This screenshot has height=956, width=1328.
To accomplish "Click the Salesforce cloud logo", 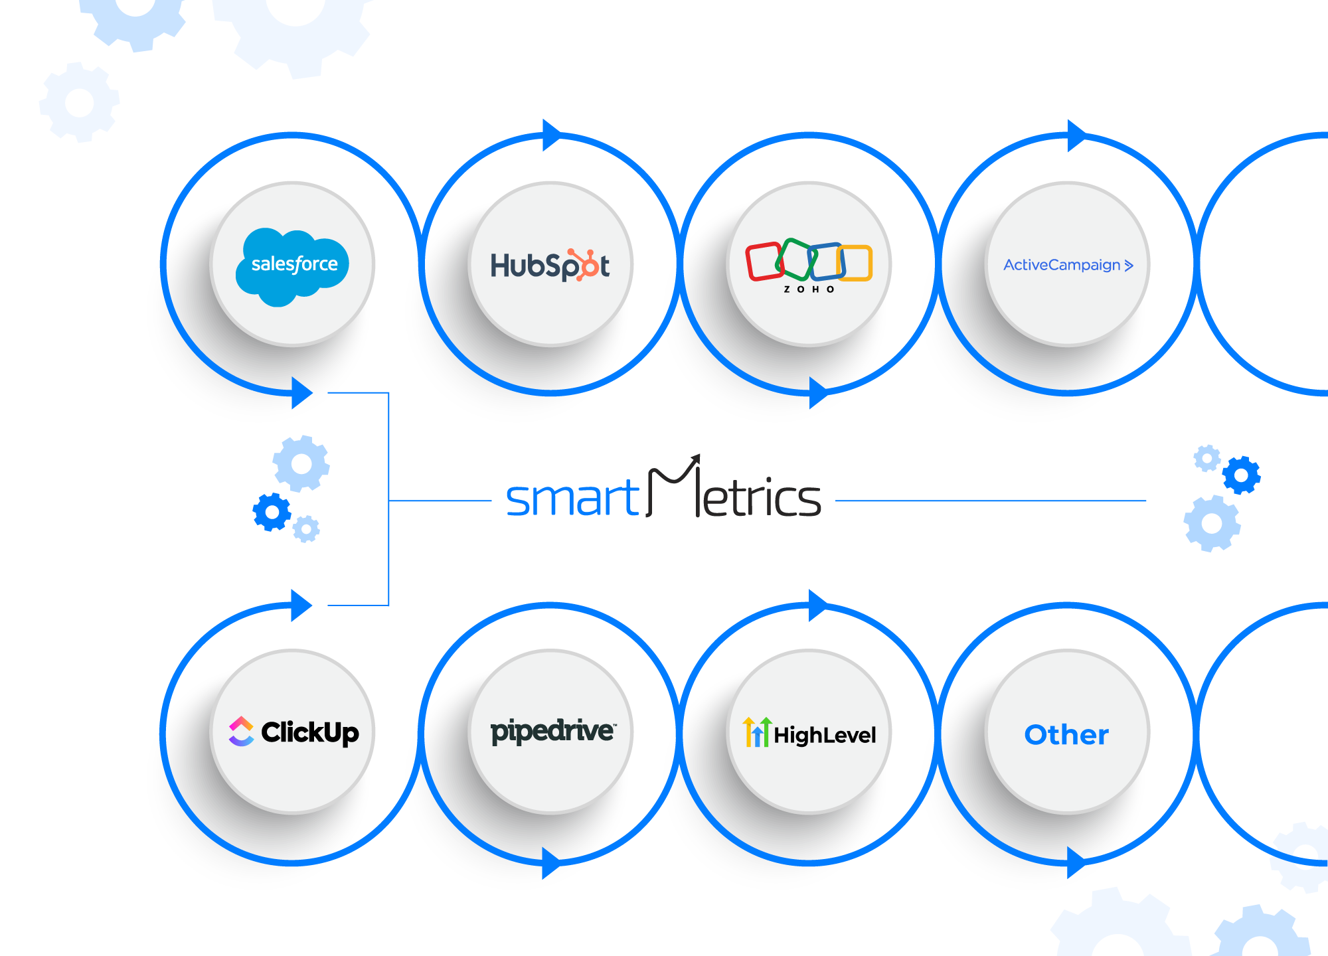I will [x=293, y=266].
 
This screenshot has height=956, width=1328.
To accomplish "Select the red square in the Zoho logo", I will [x=764, y=261].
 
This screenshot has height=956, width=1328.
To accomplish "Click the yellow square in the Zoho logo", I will [x=855, y=263].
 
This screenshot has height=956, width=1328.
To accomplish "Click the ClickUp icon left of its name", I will [x=241, y=732].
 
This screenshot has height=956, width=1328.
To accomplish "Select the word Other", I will [x=1066, y=735].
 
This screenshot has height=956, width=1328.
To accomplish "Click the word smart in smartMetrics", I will [x=572, y=499].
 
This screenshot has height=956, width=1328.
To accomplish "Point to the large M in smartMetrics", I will [x=672, y=488].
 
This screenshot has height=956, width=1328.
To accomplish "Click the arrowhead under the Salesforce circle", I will [x=301, y=393].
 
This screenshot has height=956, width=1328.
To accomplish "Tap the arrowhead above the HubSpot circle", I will [x=551, y=135].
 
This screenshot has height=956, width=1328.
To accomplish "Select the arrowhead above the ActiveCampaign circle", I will [x=1076, y=136].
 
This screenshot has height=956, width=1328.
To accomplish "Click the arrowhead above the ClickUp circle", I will [x=301, y=605].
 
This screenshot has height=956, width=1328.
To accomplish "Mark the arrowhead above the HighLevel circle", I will [x=817, y=605].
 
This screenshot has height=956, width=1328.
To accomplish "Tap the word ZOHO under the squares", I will [x=809, y=289].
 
